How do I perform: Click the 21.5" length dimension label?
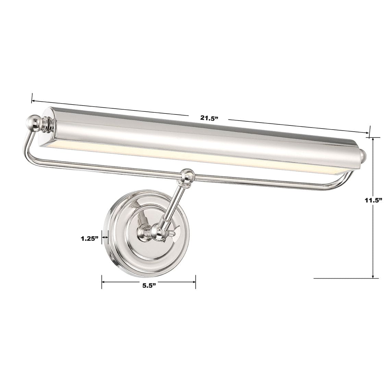(209, 118)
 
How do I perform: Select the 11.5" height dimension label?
(373, 201)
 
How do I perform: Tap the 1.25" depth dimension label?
(89, 238)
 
